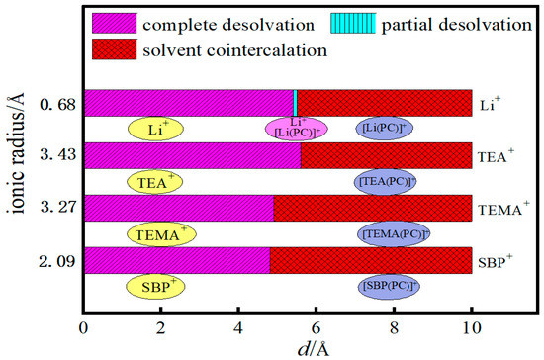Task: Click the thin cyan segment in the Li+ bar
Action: (296, 103)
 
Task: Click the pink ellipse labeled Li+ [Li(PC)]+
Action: (296, 128)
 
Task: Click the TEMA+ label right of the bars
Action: (499, 208)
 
